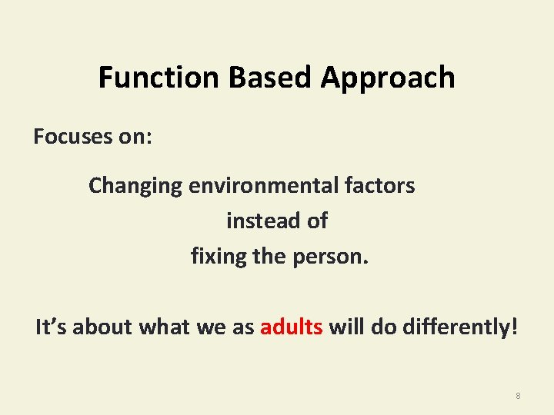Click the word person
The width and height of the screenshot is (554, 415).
point(330,257)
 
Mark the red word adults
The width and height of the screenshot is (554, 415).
point(291,327)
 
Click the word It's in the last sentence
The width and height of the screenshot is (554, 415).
point(48,327)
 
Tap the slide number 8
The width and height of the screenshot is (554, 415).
point(518,396)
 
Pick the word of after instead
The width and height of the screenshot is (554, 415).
point(316,221)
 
